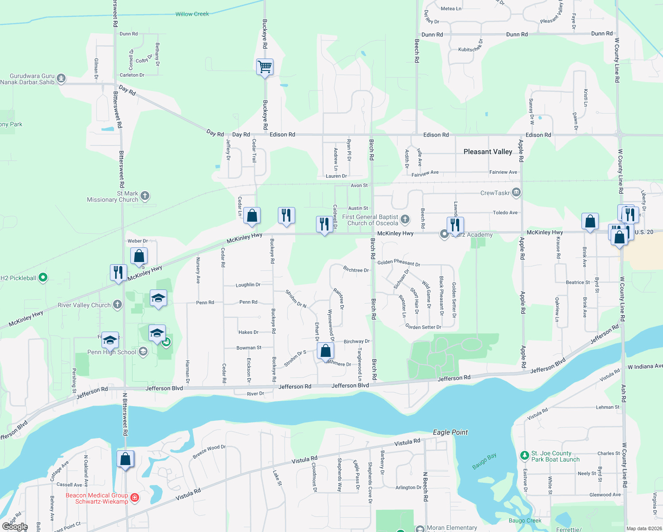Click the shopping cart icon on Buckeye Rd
pos(265,67)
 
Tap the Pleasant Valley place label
pos(487,152)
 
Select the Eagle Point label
pos(450,432)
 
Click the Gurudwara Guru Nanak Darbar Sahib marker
pos(61,79)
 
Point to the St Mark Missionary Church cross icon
pos(145,196)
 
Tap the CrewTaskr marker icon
pos(516,192)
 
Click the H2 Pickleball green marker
pos(43,278)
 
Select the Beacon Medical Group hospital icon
pos(135,498)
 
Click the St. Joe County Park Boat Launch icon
pos(524,455)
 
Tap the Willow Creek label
pos(192,14)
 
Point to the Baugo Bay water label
pos(484,461)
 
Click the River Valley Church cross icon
pos(117,305)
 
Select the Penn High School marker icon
pos(143,352)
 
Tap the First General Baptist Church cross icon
pos(405,219)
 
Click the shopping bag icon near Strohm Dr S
pos(325,351)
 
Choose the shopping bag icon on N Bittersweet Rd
pos(125,459)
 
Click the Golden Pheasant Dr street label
pos(398,263)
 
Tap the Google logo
pos(15,527)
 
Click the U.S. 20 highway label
pos(643,232)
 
